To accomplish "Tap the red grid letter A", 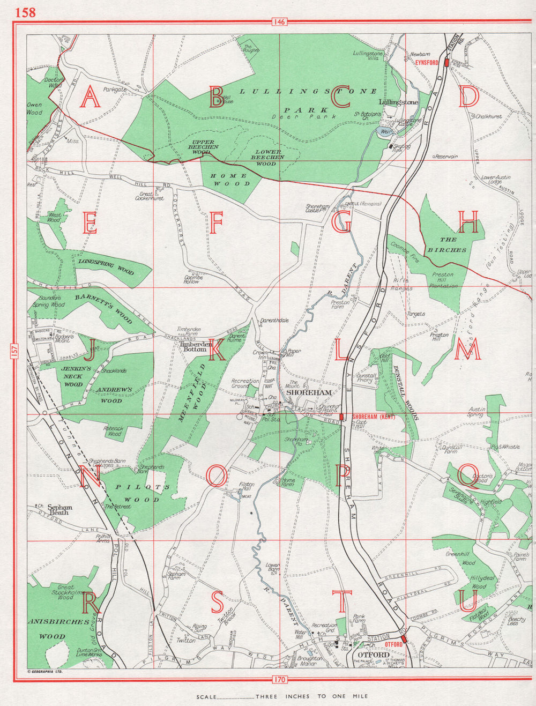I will (x=90, y=98).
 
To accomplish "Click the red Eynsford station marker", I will (x=446, y=62).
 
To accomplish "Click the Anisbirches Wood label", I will (x=57, y=629).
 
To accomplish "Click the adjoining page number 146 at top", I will (x=279, y=21).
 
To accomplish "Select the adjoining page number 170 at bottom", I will (x=279, y=680).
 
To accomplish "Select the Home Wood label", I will (x=229, y=180).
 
